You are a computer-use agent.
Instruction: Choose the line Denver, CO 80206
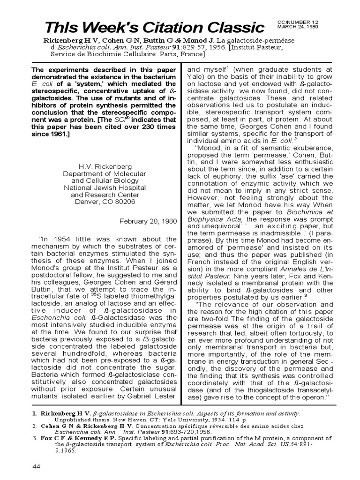[x=105, y=202]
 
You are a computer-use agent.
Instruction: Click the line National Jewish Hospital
[x=105, y=187]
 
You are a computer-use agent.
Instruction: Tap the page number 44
[x=37, y=466]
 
